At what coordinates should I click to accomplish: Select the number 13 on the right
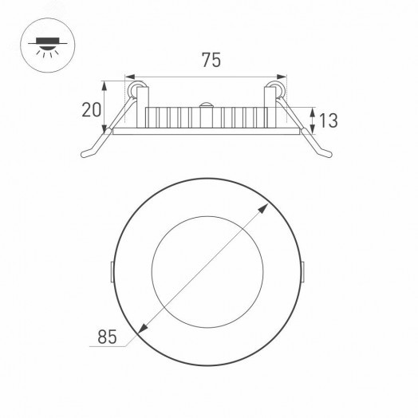tap(329, 120)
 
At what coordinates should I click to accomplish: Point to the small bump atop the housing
tap(207, 104)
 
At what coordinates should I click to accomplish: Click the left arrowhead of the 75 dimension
tap(131, 77)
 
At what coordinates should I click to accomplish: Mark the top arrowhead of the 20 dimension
tap(108, 81)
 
